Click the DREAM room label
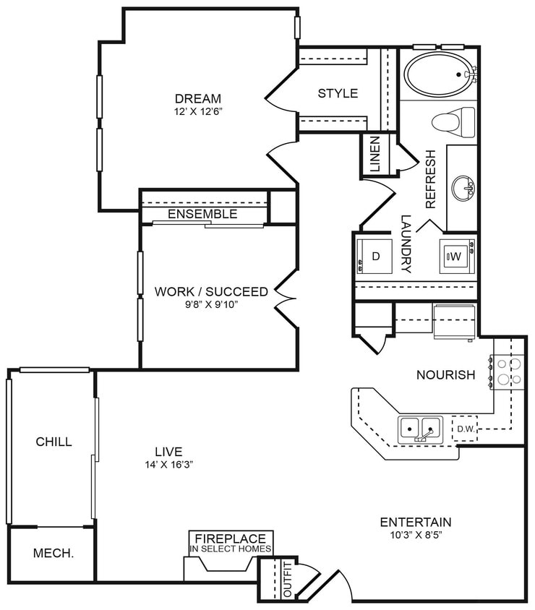[x=197, y=99]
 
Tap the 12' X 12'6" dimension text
[x=197, y=113]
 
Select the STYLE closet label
[x=338, y=93]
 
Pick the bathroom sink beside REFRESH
[x=463, y=189]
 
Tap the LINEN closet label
[x=374, y=154]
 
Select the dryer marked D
[x=375, y=257]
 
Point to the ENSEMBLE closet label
[x=202, y=214]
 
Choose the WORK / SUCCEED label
[x=211, y=292]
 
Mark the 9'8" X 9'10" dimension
[x=211, y=305]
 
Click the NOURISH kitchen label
[x=445, y=374]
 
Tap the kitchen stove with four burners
[x=509, y=371]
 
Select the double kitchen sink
[x=420, y=429]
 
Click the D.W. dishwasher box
[x=464, y=429]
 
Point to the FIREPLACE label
[x=231, y=539]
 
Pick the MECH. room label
[x=52, y=554]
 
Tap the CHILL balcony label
[x=54, y=442]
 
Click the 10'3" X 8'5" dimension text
[x=416, y=536]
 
